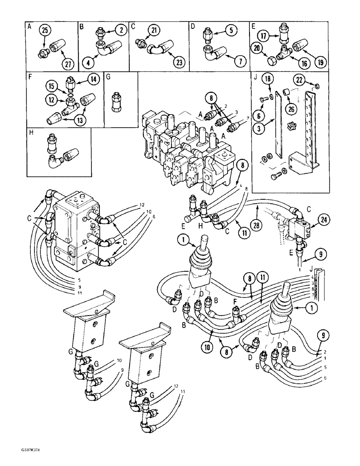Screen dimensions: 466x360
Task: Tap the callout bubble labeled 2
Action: [x=121, y=31]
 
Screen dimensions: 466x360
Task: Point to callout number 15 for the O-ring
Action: [x=52, y=86]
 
